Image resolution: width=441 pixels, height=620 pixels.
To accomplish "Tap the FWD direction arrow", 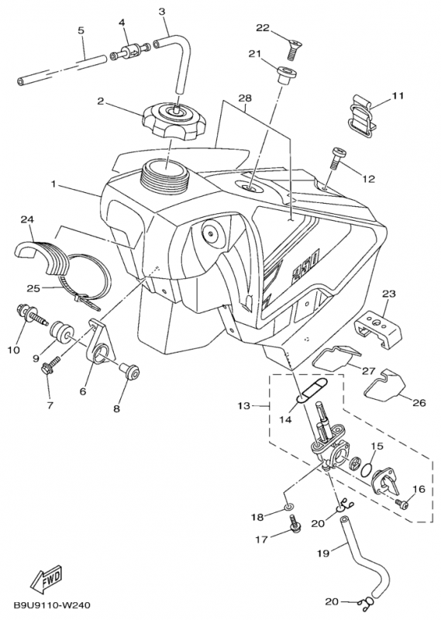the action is tap(47, 580).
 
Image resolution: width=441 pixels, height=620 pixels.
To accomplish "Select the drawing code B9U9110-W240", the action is tap(52, 605).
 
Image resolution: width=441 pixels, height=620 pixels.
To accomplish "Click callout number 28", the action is tap(245, 98).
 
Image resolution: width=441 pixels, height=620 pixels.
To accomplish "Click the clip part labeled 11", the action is tap(362, 115).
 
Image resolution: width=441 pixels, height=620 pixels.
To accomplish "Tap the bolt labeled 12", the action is tap(336, 158).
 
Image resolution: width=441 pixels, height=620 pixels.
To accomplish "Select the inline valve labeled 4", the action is tap(130, 53).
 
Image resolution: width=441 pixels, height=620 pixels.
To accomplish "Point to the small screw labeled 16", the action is tap(401, 504).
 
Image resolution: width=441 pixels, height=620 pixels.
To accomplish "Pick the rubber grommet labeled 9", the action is tap(63, 329).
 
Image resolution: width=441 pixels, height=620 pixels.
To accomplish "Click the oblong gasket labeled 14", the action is tap(312, 389).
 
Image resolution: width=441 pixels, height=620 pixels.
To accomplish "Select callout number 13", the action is tap(244, 405).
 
